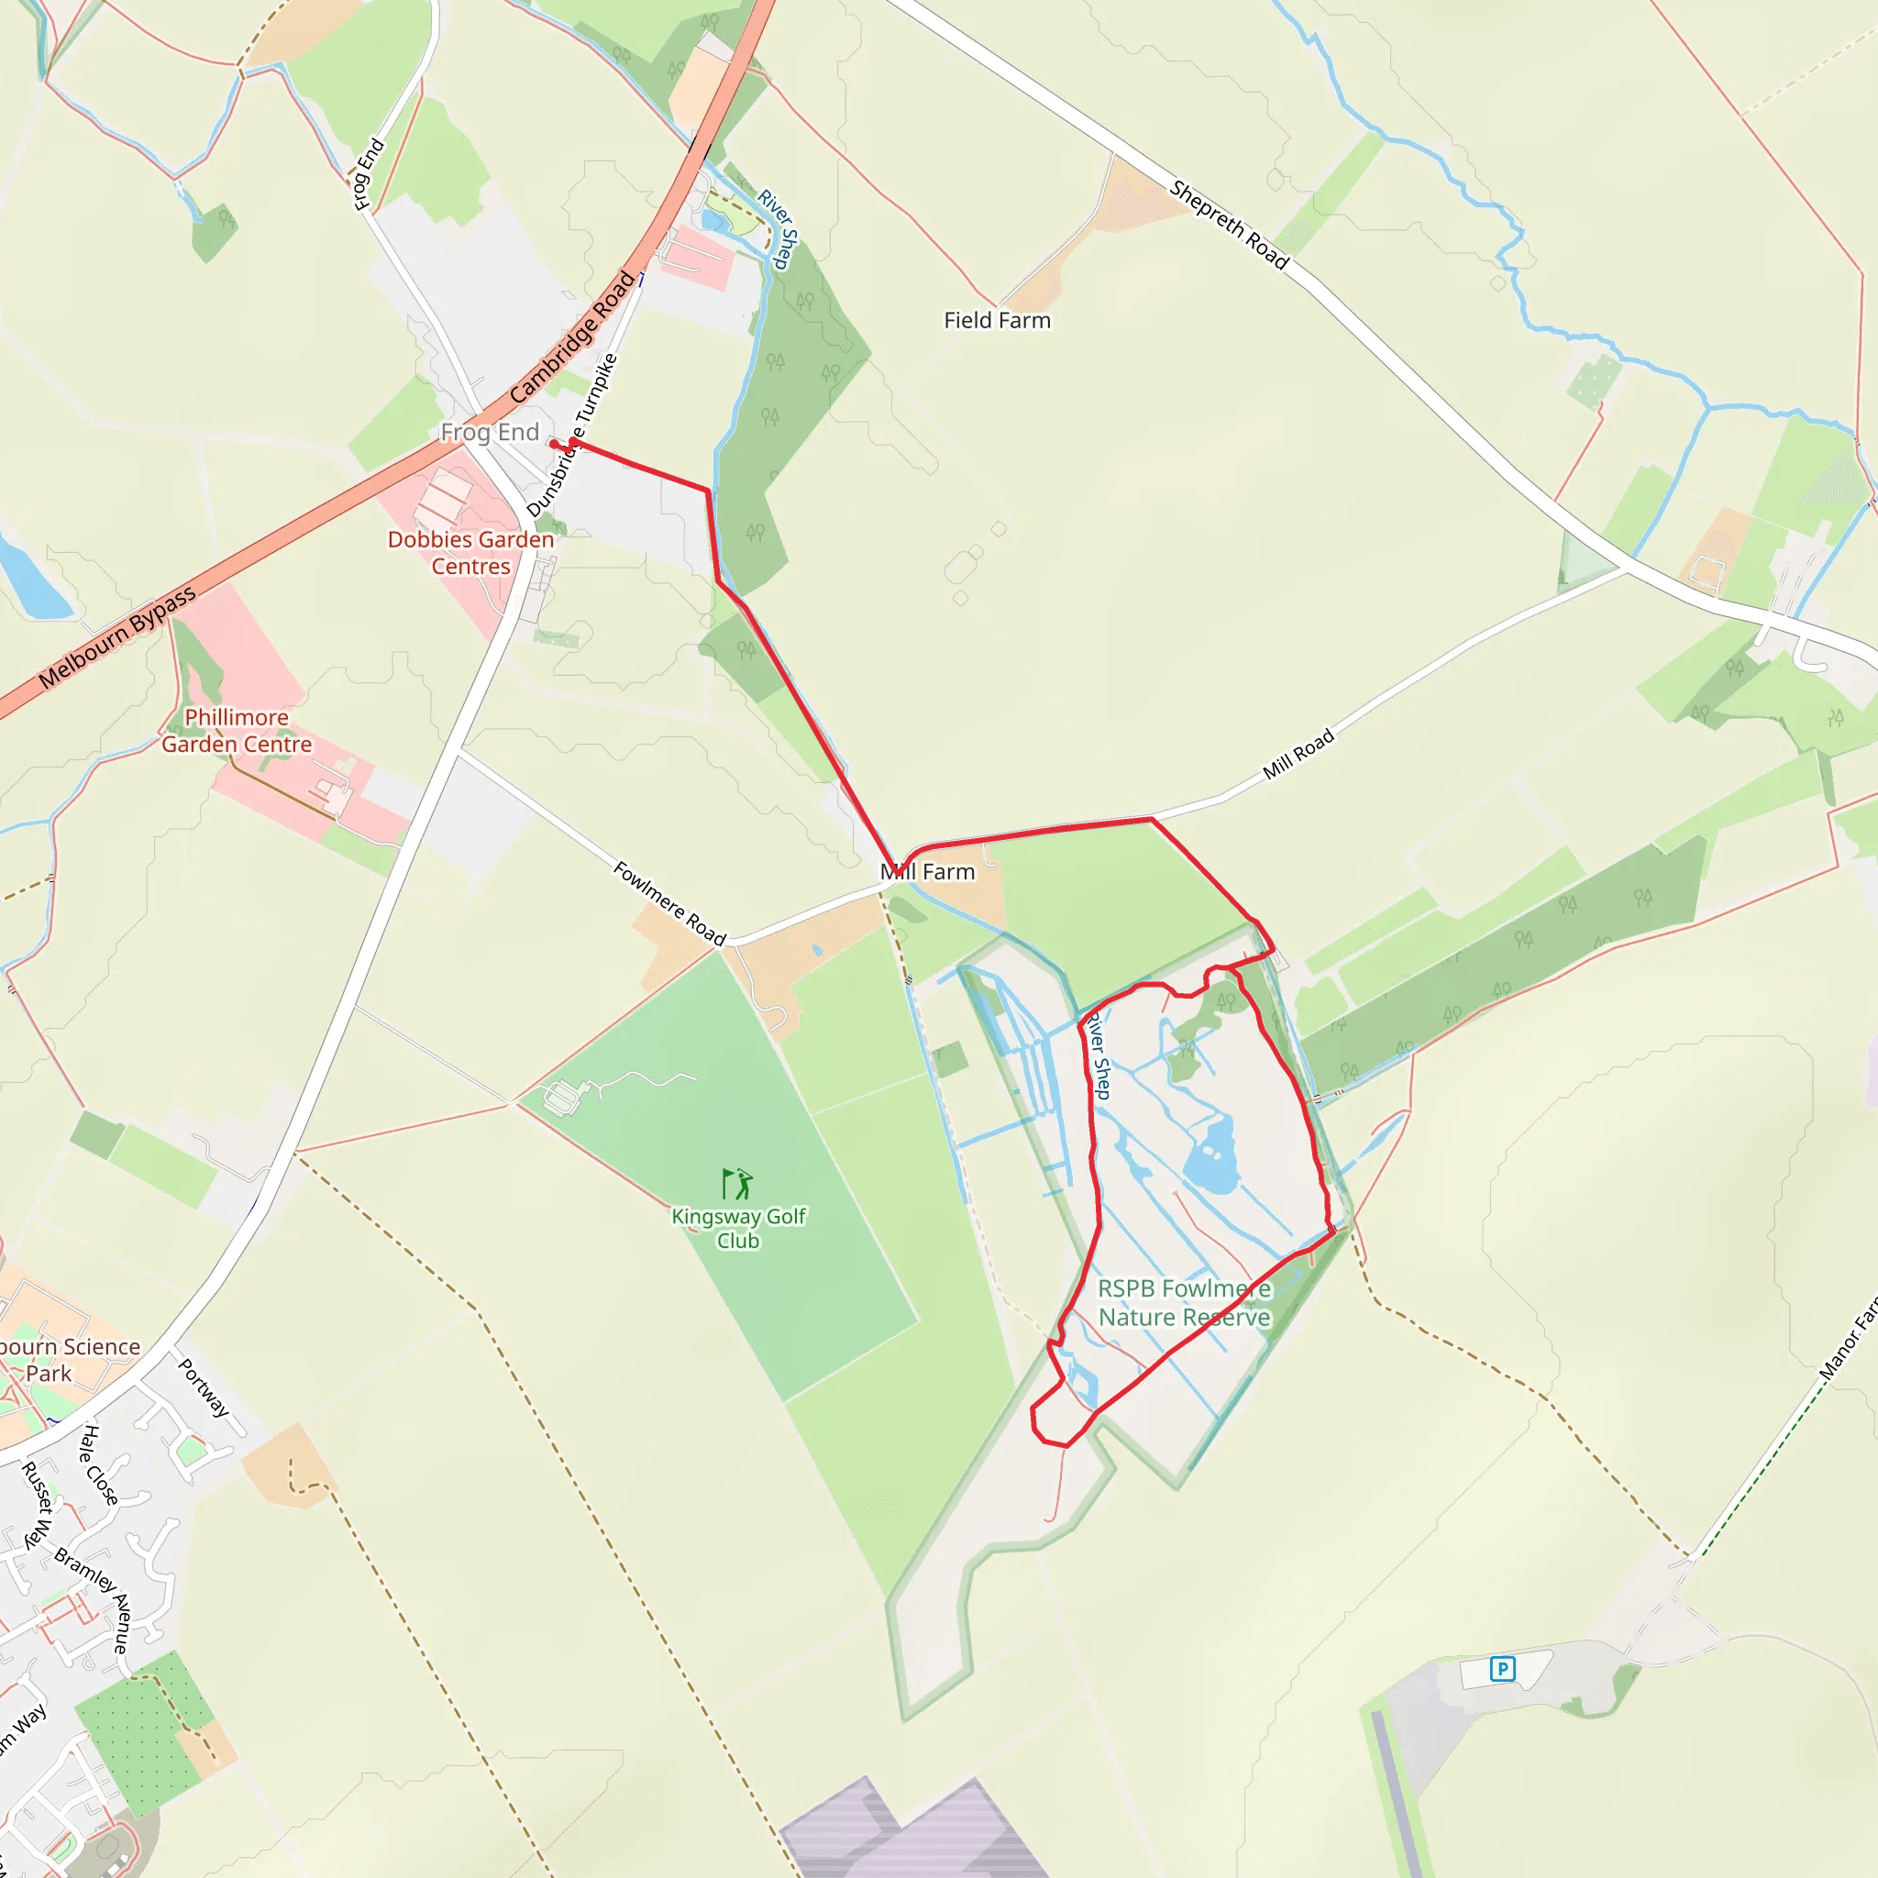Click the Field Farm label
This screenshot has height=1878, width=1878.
coord(997,320)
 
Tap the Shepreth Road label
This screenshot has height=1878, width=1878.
coord(1229,225)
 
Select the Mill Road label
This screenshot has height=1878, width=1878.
coord(1298,754)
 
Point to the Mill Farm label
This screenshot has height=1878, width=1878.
coord(927,872)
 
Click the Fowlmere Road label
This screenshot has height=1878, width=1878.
coord(669,903)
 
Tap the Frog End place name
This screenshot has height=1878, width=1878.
coord(489,433)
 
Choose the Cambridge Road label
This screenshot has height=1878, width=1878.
coord(572,337)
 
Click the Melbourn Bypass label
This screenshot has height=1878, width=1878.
coord(117,637)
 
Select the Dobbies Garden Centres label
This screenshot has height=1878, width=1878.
coord(470,552)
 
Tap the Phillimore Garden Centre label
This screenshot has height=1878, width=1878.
coord(237,730)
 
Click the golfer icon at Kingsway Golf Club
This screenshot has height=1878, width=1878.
coord(737,1183)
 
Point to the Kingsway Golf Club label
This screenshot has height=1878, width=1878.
coord(738,1228)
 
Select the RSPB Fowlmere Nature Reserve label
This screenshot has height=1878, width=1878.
coord(1184,1302)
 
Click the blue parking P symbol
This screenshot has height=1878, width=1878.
coord(1502,1669)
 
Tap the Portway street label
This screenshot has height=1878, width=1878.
coord(204,1387)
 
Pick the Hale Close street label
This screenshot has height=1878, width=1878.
coord(99,1464)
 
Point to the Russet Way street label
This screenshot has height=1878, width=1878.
coord(36,1506)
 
